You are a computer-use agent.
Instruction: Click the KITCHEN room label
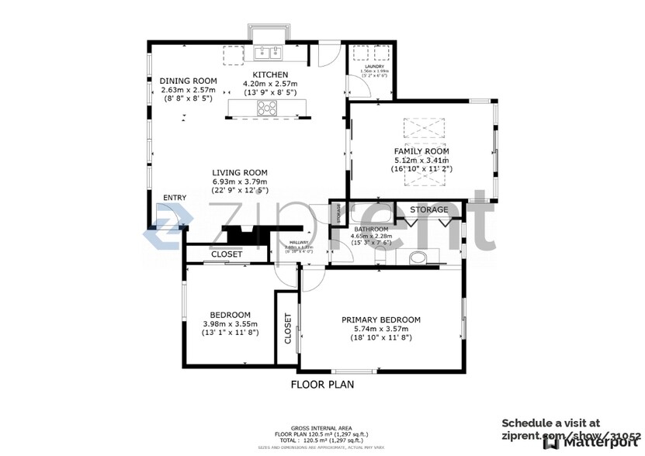point(269,74)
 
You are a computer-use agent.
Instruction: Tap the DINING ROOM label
point(188,81)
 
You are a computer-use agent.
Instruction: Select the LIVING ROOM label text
point(240,173)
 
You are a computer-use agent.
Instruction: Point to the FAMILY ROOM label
point(421,151)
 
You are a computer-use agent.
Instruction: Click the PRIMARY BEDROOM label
point(381,320)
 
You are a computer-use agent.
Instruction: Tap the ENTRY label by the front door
point(175,198)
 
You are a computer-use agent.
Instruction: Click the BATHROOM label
point(371,230)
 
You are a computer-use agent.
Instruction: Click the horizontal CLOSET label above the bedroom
point(227,254)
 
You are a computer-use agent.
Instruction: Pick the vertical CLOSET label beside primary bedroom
point(287,329)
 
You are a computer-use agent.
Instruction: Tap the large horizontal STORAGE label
point(428,210)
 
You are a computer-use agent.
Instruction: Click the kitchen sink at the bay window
point(267,53)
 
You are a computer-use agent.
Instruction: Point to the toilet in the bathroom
point(418,258)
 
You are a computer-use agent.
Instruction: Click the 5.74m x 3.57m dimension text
point(381,329)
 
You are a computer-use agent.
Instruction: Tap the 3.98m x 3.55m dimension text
point(229,324)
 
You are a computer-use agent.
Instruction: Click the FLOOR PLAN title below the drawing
point(322,384)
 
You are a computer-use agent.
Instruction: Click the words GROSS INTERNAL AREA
point(322,428)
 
